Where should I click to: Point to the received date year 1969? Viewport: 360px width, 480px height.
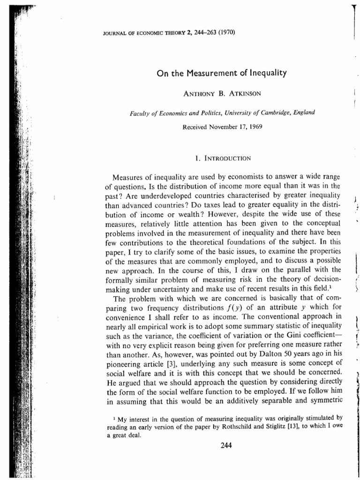pos(236,127)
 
